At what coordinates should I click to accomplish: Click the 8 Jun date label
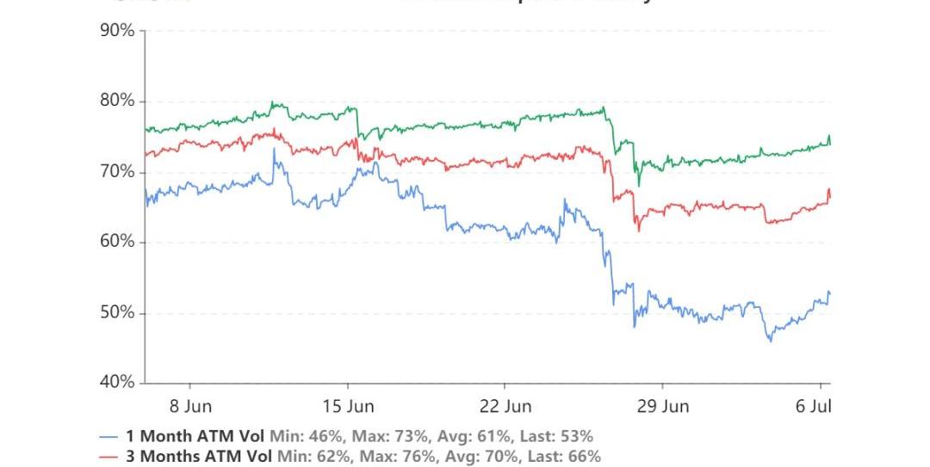pyautogui.click(x=189, y=405)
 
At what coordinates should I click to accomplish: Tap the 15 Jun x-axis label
pyautogui.click(x=348, y=405)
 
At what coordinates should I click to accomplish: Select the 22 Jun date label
pyautogui.click(x=505, y=405)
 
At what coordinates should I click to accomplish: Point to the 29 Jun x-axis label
pyautogui.click(x=663, y=405)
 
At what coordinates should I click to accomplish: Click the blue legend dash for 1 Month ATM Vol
pyautogui.click(x=108, y=436)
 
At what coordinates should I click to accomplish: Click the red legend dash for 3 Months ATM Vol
pyautogui.click(x=108, y=457)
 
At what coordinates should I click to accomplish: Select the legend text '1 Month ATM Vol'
pyautogui.click(x=194, y=436)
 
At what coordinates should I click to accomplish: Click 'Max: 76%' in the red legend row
pyautogui.click(x=393, y=457)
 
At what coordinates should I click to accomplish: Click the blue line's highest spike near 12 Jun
pyautogui.click(x=274, y=149)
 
